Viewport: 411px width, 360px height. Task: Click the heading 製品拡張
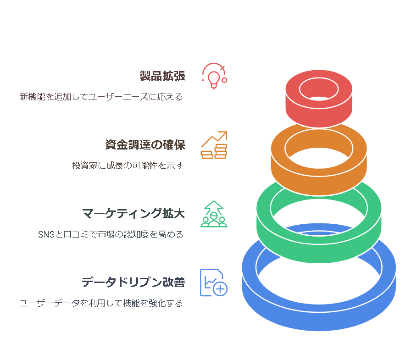[162, 76]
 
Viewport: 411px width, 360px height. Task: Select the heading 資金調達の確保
[145, 144]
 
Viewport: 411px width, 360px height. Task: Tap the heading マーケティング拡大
[133, 213]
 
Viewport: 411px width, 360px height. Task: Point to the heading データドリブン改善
[133, 282]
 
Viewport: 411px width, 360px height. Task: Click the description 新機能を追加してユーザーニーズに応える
[101, 97]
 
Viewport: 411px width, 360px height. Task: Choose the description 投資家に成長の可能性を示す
[128, 166]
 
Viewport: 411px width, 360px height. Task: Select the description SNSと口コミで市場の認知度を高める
[111, 234]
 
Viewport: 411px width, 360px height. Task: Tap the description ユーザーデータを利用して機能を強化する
[101, 303]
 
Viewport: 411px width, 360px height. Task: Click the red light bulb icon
[214, 76]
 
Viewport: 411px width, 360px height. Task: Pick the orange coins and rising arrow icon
[214, 145]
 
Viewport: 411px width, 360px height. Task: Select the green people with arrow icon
[214, 214]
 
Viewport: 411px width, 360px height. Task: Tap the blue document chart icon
[214, 282]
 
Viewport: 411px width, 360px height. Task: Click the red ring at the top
[319, 115]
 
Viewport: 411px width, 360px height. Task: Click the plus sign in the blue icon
[221, 289]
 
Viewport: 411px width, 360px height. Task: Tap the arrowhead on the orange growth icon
[223, 135]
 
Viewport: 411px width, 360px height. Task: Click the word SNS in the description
[46, 234]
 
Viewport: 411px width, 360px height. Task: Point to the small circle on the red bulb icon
[224, 80]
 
